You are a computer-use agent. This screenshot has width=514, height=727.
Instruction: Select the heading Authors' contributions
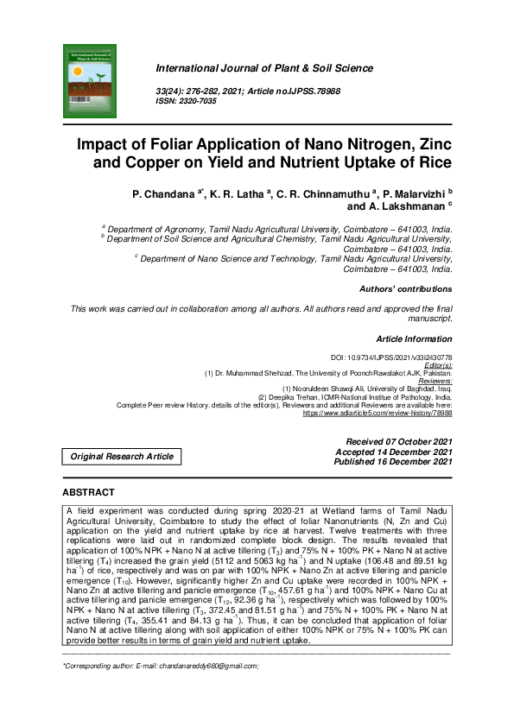tap(404, 289)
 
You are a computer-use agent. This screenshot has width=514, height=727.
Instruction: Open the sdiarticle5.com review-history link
tap(377, 414)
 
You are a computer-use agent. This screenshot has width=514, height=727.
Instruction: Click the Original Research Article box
tap(122, 456)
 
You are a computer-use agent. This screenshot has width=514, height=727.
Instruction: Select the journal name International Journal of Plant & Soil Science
tap(263, 68)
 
